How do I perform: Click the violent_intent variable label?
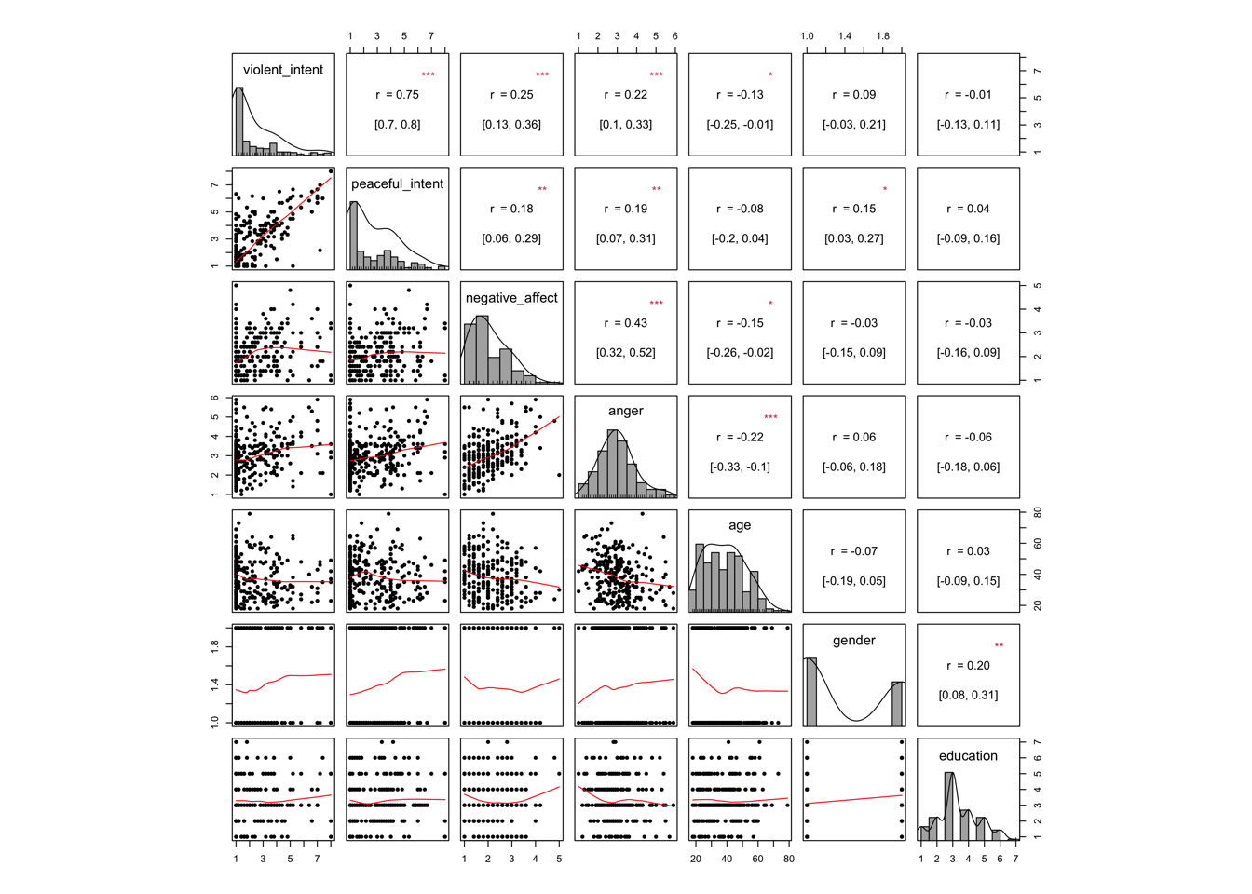point(283,70)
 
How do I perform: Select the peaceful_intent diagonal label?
point(397,184)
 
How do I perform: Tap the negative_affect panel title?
point(511,298)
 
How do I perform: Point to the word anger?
point(625,411)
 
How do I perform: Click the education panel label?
point(968,756)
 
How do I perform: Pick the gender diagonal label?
point(853,641)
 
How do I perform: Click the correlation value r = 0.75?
point(397,95)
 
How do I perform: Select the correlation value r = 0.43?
point(625,323)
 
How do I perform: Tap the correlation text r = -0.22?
point(740,438)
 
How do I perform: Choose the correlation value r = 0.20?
point(968,666)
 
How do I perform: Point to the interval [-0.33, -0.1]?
point(740,467)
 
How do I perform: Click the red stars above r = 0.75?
point(428,75)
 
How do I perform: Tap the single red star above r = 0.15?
point(885,190)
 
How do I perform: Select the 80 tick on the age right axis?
point(1037,513)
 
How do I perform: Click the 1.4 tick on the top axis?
point(844,36)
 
